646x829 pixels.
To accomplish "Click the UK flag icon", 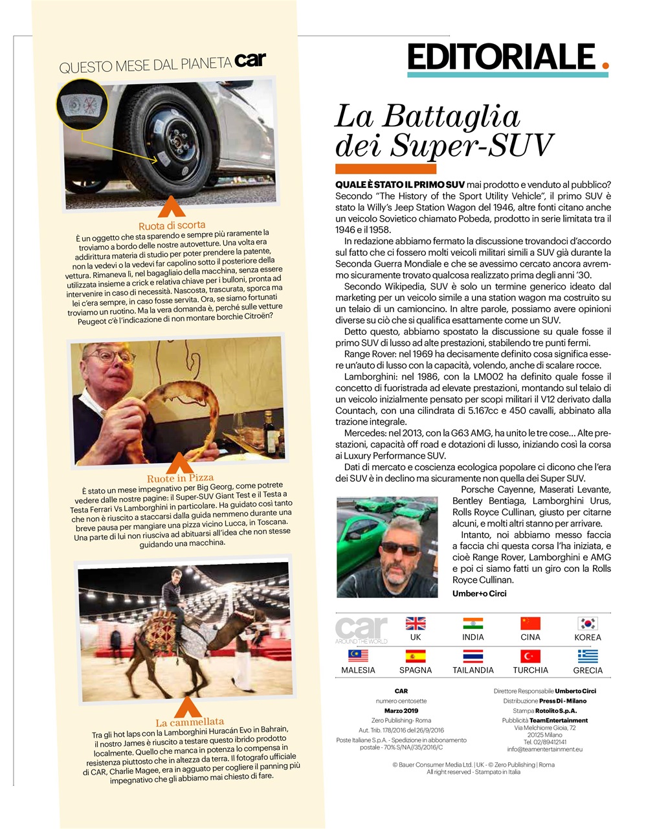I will pos(416,623).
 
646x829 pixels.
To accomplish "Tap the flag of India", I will pos(473,623).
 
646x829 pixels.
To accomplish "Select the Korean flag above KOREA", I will pos(588,623).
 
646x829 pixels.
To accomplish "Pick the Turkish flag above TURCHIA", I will pos(530,656).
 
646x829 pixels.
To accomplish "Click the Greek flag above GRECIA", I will pos(588,656).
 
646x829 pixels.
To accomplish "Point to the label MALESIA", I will pos(358,670).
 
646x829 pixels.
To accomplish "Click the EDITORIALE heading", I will pos(501,57).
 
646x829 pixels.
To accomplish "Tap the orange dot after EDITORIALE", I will pos(605,65).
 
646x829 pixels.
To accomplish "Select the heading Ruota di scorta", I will pos(172,225).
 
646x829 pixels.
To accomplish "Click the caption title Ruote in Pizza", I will pos(180,478).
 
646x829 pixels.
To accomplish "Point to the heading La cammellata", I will pos(190,721).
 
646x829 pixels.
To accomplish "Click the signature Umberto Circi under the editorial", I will pos(479,593).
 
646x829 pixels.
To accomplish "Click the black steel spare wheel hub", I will pos(173,139).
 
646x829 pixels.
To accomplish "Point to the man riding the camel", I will pos(173,596).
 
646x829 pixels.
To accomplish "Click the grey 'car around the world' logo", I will pos(361,630).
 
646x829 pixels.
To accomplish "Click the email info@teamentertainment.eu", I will pos(545,749).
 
